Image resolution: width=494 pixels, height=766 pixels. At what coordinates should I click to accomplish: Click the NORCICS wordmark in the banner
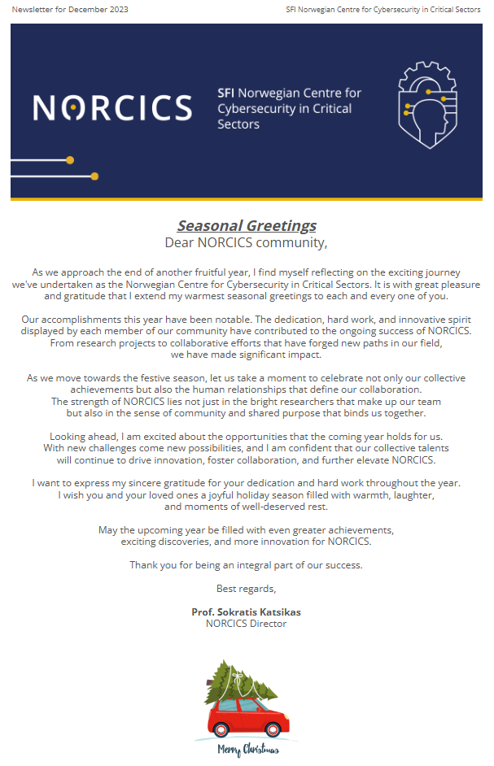[112, 107]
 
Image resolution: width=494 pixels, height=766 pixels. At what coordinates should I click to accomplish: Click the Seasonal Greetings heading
[247, 226]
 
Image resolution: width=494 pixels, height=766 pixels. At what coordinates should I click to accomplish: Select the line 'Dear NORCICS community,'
[247, 242]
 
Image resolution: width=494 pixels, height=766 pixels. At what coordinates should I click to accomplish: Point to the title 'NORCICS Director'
[247, 624]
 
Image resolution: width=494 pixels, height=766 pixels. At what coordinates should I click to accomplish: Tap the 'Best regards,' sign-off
[247, 588]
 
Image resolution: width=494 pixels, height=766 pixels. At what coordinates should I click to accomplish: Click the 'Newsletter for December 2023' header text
[70, 10]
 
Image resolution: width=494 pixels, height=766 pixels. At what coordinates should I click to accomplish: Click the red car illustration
[247, 716]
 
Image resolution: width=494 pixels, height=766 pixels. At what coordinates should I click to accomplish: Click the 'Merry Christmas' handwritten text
[247, 751]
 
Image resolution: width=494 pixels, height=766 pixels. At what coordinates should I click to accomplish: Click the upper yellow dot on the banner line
[70, 159]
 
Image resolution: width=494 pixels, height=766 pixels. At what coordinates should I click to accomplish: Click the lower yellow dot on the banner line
[94, 176]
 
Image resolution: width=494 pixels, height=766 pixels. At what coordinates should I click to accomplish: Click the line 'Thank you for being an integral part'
[246, 565]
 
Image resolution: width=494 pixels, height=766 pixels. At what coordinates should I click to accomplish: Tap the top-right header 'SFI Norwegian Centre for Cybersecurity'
[383, 10]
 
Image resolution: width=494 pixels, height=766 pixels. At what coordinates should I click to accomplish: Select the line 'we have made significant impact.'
[246, 355]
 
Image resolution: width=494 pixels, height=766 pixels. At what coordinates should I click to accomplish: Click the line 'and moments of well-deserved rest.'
[246, 507]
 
